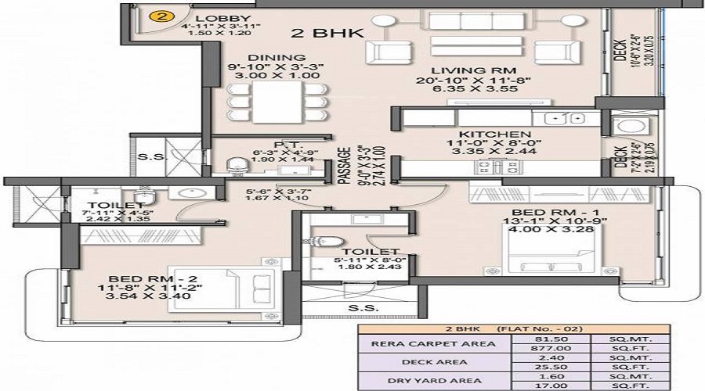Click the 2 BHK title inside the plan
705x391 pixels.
click(318, 33)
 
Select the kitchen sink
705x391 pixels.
click(566, 118)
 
